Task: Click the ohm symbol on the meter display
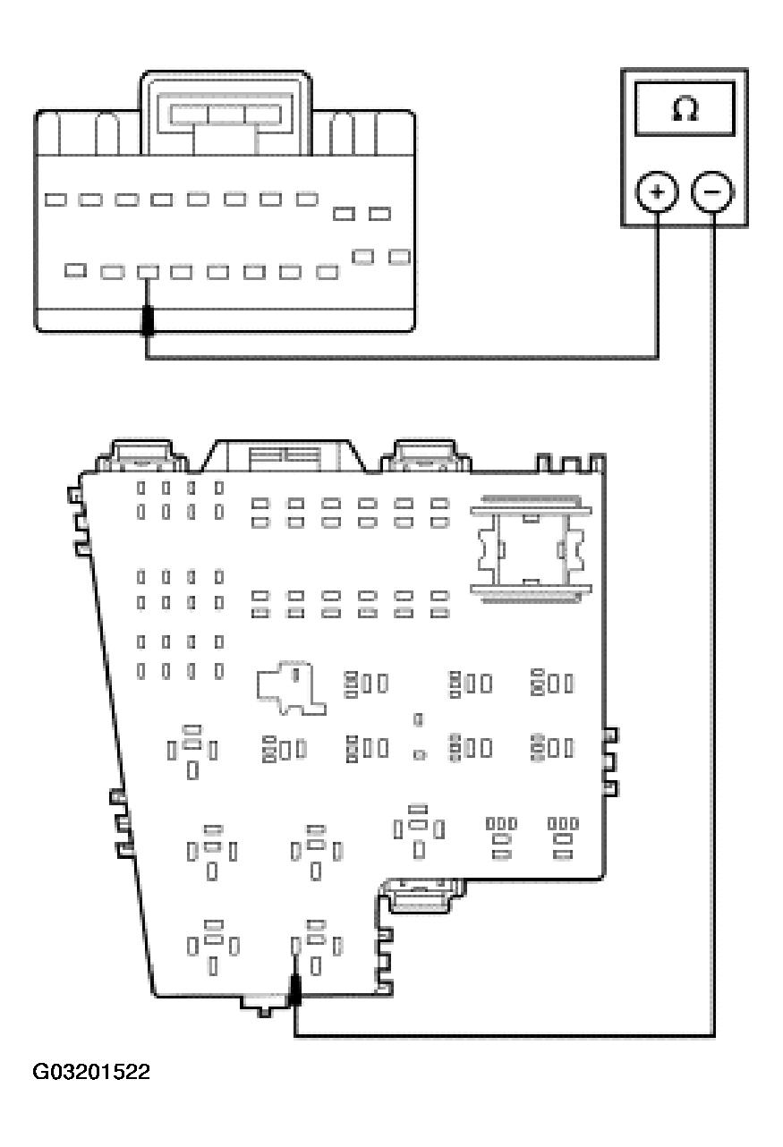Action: [x=685, y=109]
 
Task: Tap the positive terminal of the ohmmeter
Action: [x=657, y=192]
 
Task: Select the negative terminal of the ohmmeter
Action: [x=713, y=192]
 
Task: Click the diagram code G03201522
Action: [x=91, y=1072]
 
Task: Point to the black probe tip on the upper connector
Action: [x=148, y=320]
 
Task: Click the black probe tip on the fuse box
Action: [x=295, y=990]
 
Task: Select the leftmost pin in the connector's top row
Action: [x=55, y=200]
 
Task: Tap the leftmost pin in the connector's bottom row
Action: [x=75, y=270]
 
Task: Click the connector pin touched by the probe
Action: [x=148, y=272]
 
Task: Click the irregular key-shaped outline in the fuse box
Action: [x=292, y=688]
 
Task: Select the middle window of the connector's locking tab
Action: [x=226, y=115]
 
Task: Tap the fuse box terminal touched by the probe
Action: [x=295, y=946]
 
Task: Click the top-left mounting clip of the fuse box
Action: [x=142, y=455]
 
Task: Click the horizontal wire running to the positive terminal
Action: [x=402, y=357]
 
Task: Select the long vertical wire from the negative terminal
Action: [x=713, y=624]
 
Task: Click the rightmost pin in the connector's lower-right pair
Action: [x=399, y=257]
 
